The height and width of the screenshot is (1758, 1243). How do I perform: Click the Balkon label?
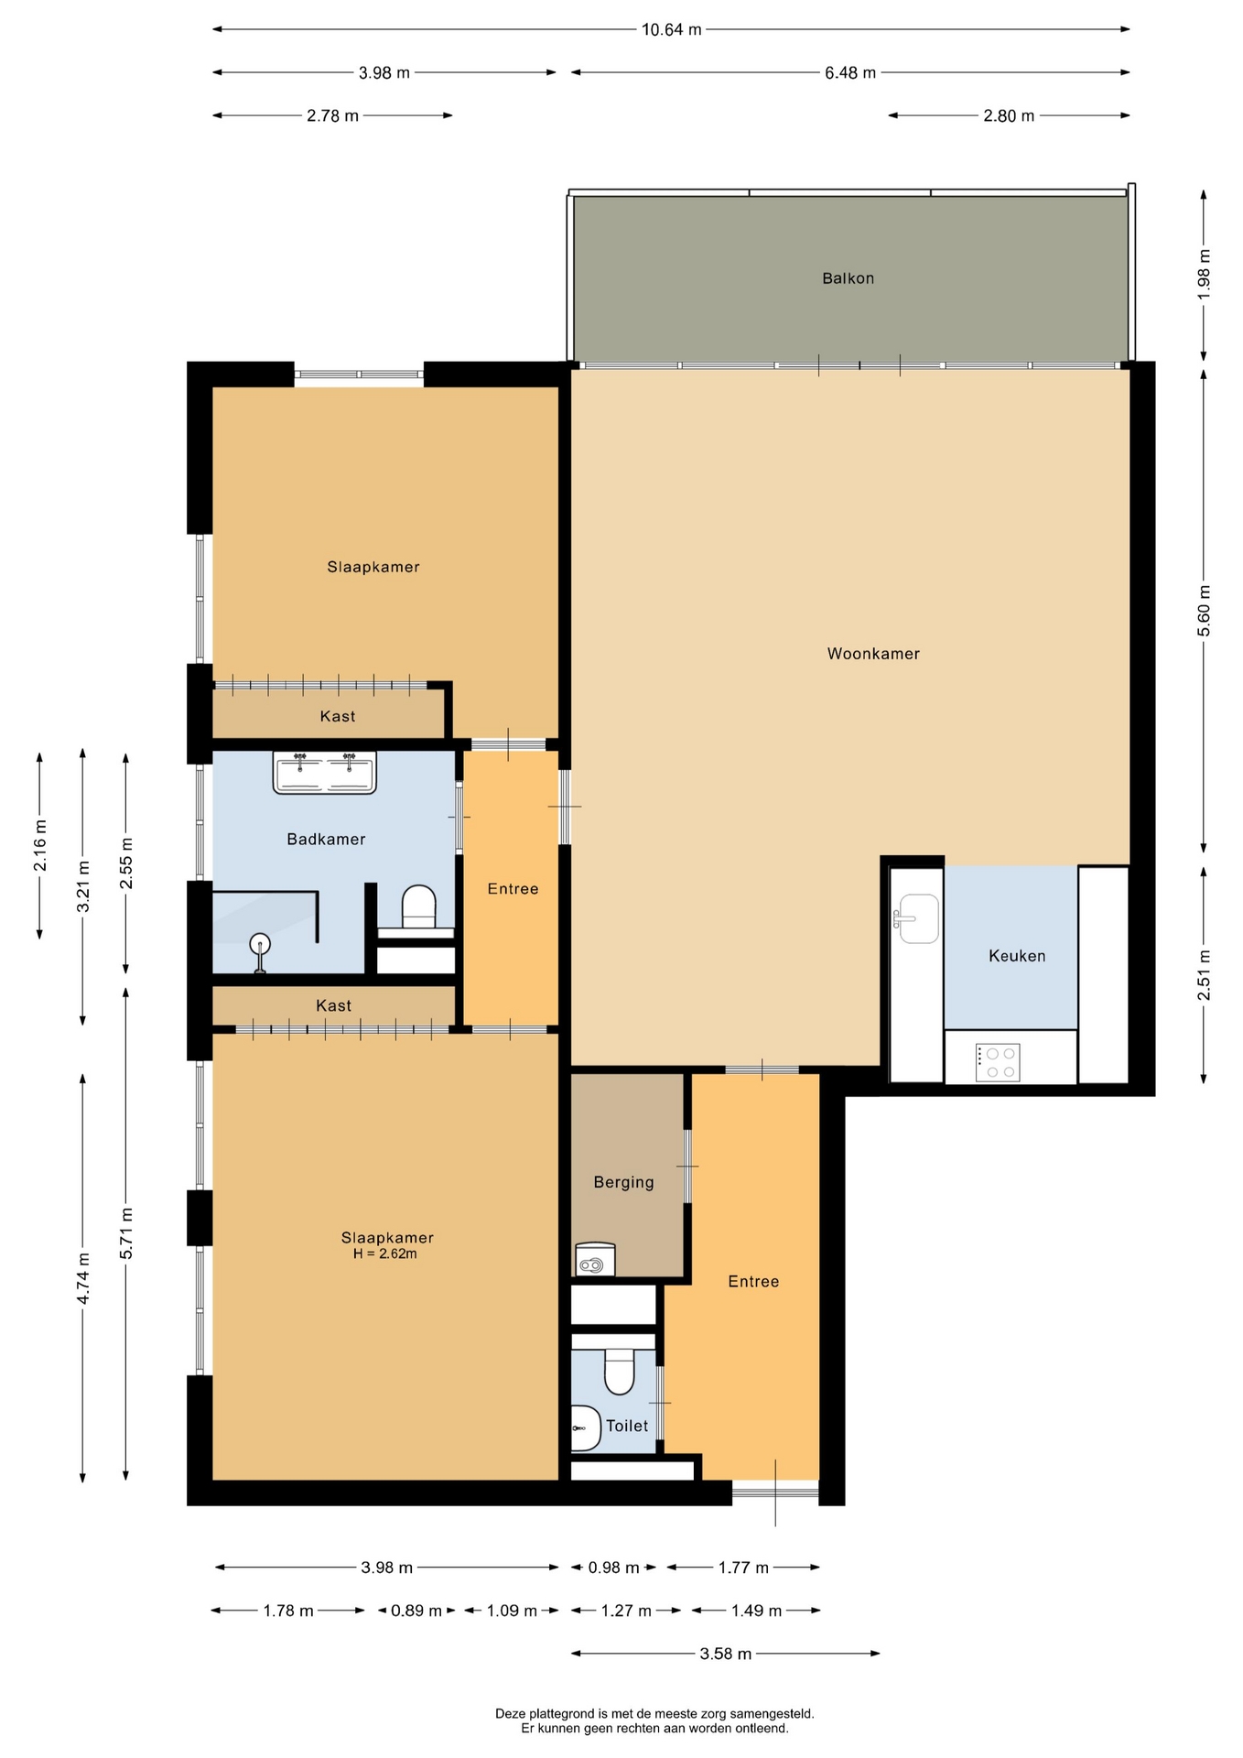tap(848, 278)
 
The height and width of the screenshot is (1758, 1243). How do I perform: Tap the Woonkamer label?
tap(873, 654)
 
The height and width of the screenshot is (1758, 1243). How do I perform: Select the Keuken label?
tap(1017, 956)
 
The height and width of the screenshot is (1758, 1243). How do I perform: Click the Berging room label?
tap(623, 1182)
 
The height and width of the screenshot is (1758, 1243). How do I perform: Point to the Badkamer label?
tap(326, 839)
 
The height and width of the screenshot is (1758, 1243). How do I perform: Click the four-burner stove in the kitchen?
tap(998, 1062)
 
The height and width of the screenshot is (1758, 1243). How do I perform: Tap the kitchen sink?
tap(916, 918)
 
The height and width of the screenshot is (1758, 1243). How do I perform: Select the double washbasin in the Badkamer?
tap(324, 772)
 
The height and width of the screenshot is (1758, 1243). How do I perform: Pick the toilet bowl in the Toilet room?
tap(620, 1371)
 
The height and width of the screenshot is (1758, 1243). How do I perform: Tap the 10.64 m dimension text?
tap(672, 29)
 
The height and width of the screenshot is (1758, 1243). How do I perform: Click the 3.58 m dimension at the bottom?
tap(726, 1654)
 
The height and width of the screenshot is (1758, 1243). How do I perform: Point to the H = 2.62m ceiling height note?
tap(385, 1253)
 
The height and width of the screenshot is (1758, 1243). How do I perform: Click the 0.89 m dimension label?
tap(416, 1611)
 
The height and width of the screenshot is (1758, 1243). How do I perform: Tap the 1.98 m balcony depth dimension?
tap(1204, 272)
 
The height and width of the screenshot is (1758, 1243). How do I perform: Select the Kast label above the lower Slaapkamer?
tap(333, 1005)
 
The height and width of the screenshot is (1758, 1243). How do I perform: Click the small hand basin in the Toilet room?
tap(585, 1427)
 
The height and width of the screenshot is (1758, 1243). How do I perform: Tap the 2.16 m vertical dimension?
tap(40, 846)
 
